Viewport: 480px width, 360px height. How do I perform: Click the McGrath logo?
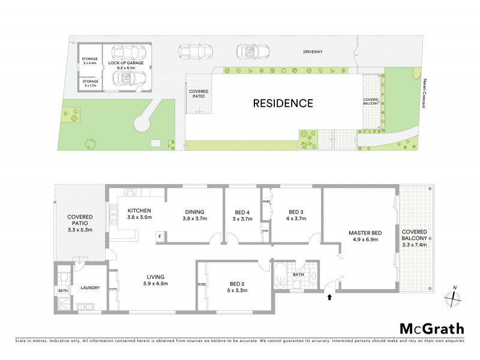pyautogui.click(x=432, y=328)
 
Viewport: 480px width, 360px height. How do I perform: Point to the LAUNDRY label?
pyautogui.click(x=90, y=288)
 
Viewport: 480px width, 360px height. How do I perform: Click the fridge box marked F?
pyautogui.click(x=160, y=236)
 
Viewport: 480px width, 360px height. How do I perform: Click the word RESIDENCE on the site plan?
pyautogui.click(x=283, y=103)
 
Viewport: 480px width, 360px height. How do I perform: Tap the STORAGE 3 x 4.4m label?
pyautogui.click(x=89, y=60)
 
